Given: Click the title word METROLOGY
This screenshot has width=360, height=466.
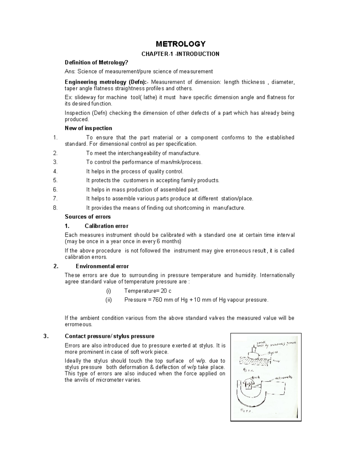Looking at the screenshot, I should click(181, 44).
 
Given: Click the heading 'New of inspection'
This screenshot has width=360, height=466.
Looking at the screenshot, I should click(88, 128).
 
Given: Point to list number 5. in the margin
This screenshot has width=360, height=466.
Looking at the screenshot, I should click(55, 180).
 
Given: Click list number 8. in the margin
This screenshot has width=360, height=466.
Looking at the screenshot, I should click(55, 208).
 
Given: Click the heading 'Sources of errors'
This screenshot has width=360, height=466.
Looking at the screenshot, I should click(88, 217).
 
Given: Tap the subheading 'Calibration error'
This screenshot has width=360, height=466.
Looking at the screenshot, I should click(106, 226).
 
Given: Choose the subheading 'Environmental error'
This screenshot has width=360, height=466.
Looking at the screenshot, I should click(102, 266).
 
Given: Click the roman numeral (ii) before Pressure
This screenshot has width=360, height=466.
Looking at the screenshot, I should click(108, 300).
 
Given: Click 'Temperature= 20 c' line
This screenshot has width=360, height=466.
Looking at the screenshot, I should click(148, 291).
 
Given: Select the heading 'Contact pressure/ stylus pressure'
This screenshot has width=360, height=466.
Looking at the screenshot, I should click(109, 336).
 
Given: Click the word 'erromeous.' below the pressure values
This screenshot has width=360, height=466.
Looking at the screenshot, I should click(79, 324).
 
